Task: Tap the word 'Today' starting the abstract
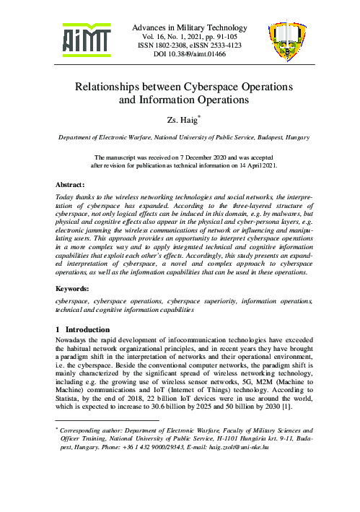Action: [66, 196]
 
